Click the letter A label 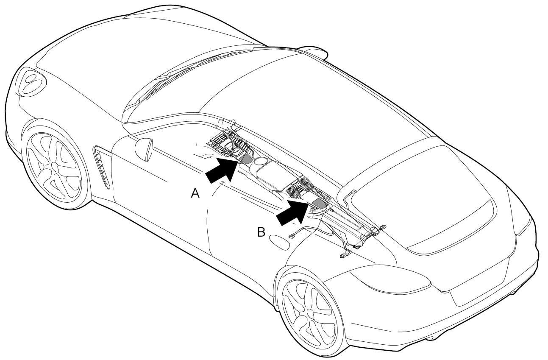point(195,194)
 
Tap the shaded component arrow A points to point(246,159)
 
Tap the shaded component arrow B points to point(320,204)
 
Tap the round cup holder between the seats point(261,161)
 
